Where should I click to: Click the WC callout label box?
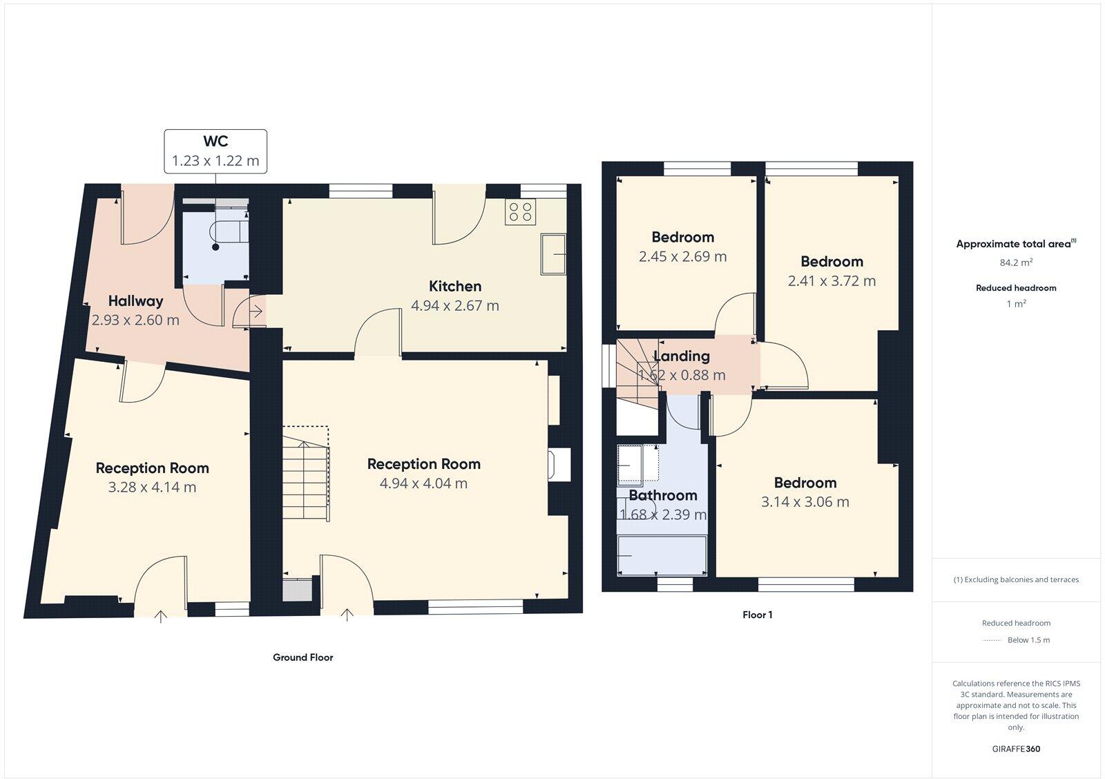215,151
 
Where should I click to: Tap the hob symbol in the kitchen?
520,212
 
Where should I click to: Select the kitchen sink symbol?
553,254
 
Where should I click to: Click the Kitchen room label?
455,287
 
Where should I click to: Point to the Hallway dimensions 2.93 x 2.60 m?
135,320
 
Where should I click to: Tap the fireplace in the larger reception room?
560,464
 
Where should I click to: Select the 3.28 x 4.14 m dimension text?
152,488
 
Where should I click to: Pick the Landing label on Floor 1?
682,356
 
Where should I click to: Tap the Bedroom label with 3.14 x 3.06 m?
805,483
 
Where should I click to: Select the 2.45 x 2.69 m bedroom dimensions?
682,257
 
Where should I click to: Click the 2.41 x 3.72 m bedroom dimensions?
832,281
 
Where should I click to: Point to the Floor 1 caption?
758,615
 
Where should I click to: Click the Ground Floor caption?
303,657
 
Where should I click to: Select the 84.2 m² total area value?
1016,262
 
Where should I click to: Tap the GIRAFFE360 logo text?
1016,749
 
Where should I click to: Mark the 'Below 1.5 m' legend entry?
1028,640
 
